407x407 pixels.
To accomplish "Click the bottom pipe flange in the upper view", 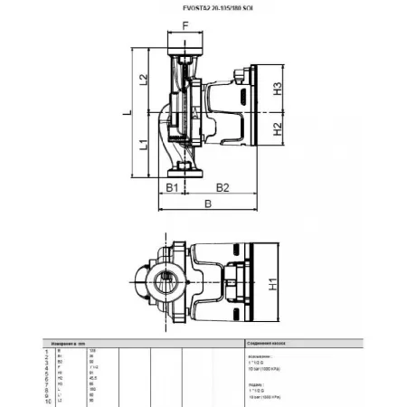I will click(x=185, y=167).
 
